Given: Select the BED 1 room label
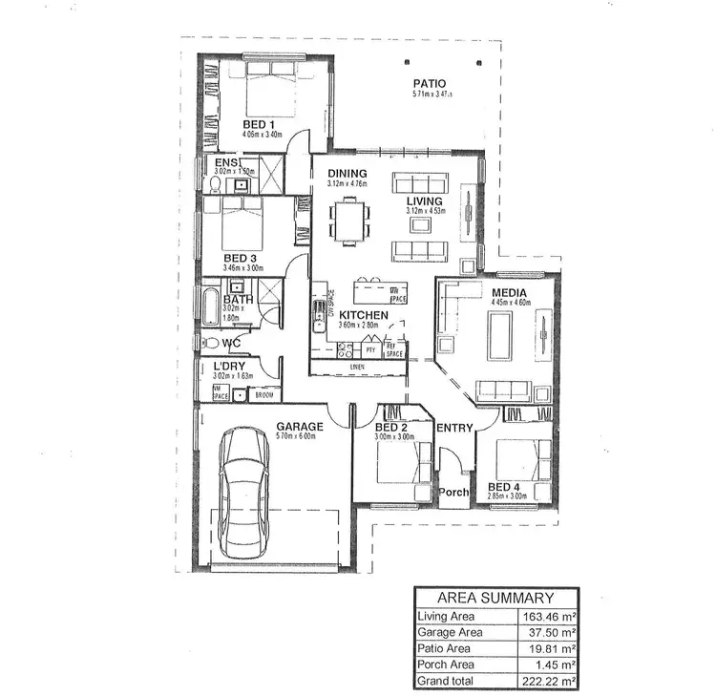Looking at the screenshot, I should (258, 125).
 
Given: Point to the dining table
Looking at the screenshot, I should (350, 219).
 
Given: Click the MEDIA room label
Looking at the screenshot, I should (510, 292).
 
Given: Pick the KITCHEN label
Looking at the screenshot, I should (363, 314).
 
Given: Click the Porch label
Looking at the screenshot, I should (453, 493).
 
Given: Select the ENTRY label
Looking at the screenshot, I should (453, 428).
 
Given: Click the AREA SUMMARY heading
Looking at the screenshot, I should (496, 597).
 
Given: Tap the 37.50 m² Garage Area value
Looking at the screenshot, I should (551, 632).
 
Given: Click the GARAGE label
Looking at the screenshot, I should (300, 426).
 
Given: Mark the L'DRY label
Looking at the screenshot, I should (229, 367).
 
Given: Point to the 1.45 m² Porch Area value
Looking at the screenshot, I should (555, 664).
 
